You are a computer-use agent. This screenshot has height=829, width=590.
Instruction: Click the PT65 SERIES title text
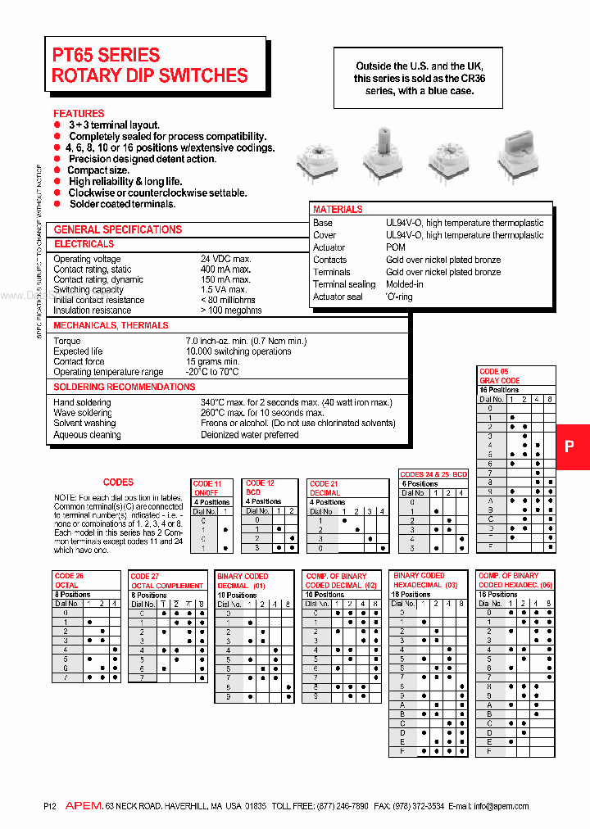click(107, 56)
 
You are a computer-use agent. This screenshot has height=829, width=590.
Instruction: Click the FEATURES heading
click(79, 113)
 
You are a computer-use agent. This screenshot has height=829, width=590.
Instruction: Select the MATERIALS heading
click(338, 210)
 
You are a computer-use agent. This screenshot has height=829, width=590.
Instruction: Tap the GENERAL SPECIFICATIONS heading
click(118, 229)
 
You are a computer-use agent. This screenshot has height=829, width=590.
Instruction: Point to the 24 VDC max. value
click(226, 259)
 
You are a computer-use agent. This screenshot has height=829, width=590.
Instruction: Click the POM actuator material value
click(396, 247)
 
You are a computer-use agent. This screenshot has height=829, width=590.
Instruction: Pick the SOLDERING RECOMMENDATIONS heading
click(125, 387)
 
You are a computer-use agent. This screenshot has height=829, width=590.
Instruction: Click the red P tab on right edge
click(571, 446)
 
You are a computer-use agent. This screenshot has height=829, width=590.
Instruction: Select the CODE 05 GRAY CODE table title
click(500, 376)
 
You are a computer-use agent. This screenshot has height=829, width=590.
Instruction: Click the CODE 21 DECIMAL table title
click(325, 488)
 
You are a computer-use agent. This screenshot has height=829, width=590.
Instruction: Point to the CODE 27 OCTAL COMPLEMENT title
click(167, 581)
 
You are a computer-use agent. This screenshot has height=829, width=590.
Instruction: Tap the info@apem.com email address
click(501, 806)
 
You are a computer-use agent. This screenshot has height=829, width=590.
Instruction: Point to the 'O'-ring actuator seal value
click(399, 297)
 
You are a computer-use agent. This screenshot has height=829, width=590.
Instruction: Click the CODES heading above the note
click(118, 482)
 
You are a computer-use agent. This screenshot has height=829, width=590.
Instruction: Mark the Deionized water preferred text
click(250, 435)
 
